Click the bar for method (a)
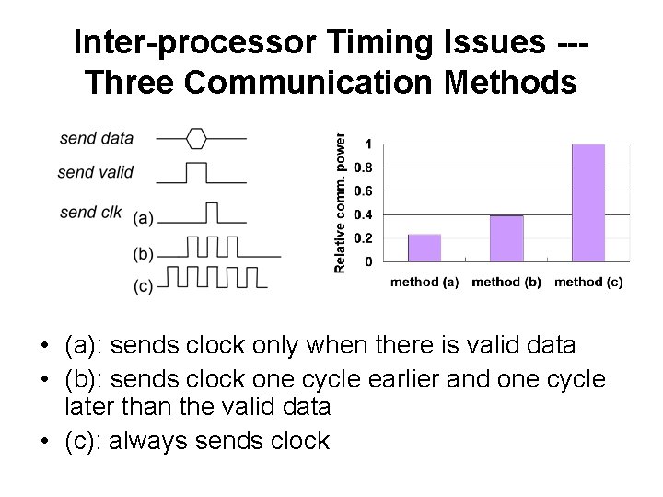pos(425,248)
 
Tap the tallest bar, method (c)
pos(588,202)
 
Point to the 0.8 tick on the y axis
pos(366,168)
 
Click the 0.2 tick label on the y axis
pos(366,238)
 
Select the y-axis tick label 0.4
pos(366,214)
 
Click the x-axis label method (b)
pos(506,283)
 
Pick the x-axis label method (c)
pos(588,283)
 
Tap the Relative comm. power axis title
pos(340,202)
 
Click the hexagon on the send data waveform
pos(196,139)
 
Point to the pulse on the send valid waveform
pos(196,171)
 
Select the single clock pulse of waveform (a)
pos(211,213)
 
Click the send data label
pos(97,139)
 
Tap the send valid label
pos(95,171)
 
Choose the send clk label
pos(90,212)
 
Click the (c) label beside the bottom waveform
pos(144,286)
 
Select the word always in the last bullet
pos(144,441)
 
